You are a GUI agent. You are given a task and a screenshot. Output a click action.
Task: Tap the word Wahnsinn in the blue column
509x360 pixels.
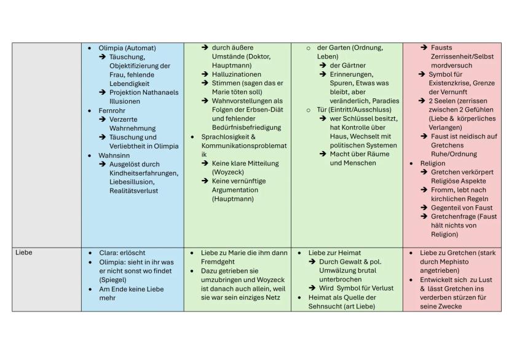114,155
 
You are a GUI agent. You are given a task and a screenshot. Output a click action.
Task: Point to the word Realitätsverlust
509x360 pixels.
134,191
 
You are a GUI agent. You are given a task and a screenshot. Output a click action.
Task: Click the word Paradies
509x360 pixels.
385,101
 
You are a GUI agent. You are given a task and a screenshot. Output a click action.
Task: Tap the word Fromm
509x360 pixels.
441,190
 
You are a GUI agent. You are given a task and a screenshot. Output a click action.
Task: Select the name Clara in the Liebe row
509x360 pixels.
108,252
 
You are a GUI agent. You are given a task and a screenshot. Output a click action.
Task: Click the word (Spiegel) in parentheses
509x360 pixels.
116,280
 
